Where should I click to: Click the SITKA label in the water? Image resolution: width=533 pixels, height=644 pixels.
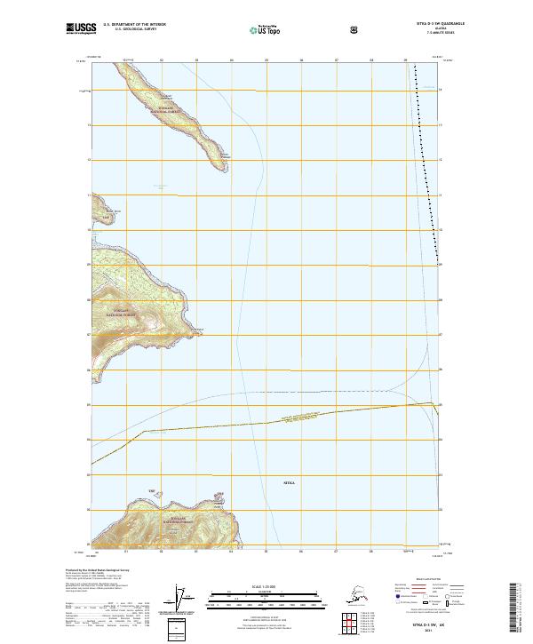click(x=288, y=483)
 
